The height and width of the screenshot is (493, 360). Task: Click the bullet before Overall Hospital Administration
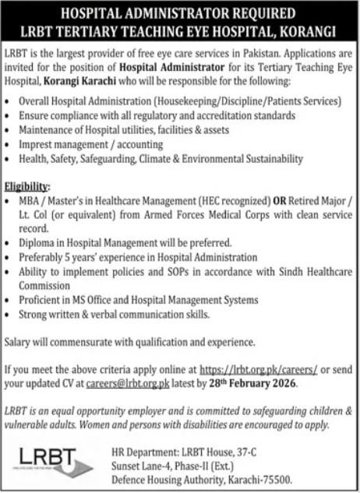7,101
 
